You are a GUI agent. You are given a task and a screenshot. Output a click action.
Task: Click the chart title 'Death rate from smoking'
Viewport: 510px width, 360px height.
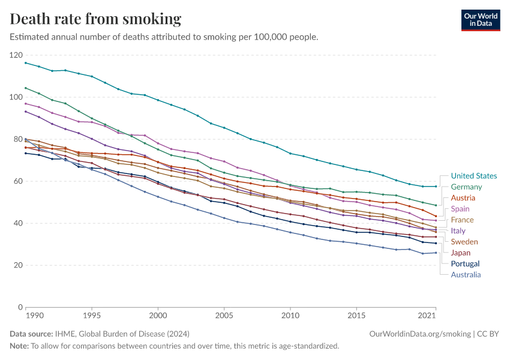coord(95,19)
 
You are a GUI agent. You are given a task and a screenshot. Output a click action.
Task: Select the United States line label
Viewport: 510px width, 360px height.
coord(473,176)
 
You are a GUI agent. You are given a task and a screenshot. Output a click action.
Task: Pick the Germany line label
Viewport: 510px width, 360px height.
coord(466,187)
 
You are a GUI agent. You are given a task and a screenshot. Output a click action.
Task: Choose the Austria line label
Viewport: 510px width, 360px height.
coord(463,198)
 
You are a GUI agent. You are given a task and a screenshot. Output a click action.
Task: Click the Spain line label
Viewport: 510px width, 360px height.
coord(461,209)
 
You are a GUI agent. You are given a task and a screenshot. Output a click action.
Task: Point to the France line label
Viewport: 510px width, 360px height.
coord(462,220)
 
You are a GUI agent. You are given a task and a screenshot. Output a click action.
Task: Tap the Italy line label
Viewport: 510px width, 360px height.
coord(458,231)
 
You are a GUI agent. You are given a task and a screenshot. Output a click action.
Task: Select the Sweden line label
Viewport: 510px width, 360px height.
coord(464,242)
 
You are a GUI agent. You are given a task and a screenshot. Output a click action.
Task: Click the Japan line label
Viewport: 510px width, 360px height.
coord(461,253)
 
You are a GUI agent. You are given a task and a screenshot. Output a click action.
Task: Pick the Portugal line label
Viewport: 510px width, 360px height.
coord(465,263)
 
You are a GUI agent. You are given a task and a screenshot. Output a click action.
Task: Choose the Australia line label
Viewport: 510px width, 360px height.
coord(466,275)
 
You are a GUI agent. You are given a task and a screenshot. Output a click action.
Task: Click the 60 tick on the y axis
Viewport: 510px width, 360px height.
coord(18,181)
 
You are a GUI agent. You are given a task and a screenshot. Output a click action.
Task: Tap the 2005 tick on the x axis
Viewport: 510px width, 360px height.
coord(224,315)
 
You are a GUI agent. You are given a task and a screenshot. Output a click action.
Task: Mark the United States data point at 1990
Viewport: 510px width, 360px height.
coord(26,62)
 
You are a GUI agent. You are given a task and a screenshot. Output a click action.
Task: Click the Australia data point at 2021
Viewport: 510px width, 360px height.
coord(436,253)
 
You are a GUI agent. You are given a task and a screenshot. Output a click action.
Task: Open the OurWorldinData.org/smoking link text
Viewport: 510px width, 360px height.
coord(420,334)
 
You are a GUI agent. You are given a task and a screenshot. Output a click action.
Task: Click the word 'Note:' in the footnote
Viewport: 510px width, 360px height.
coord(19,346)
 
